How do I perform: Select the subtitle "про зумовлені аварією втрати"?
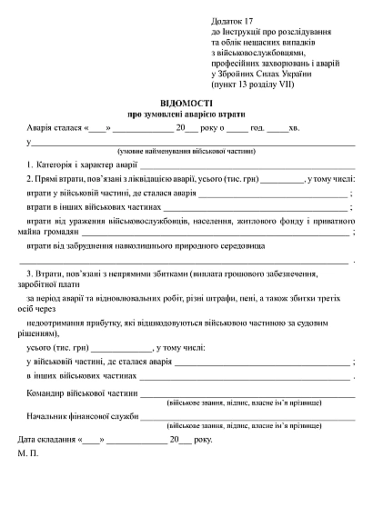pyautogui.click(x=188, y=115)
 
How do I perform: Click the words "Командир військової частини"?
pyautogui.click(x=83, y=395)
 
